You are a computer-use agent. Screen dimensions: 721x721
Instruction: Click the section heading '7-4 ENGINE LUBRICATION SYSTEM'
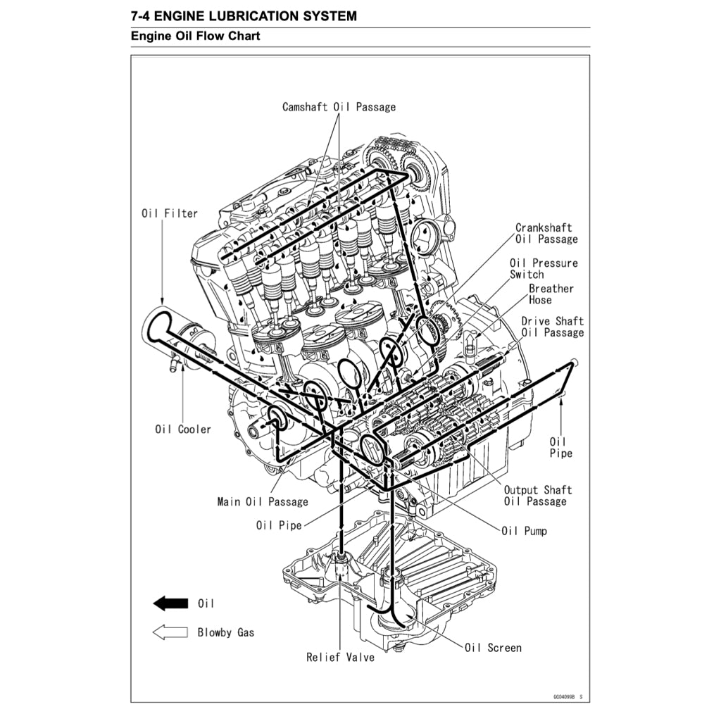pos(244,15)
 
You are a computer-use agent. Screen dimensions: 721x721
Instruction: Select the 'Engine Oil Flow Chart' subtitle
pos(195,36)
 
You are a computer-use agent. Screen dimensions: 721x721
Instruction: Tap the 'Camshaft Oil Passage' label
pos(339,107)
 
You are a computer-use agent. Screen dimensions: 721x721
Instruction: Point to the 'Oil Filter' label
pos(170,213)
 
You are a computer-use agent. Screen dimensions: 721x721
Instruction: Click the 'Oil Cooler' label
pos(183,429)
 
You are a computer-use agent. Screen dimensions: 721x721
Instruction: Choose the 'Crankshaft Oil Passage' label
pos(546,233)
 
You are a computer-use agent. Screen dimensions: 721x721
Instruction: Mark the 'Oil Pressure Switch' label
pos(544,268)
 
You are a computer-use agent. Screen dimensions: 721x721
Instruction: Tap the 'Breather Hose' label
pos(551,294)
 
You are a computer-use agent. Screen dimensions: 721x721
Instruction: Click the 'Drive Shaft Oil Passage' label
pos(552,327)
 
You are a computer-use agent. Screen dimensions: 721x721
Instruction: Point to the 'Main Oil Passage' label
pos(263,502)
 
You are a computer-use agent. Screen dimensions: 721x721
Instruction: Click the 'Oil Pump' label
pos(524,531)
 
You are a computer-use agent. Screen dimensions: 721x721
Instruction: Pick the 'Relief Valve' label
pos(340,657)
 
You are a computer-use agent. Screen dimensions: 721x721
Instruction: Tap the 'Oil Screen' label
pos(493,647)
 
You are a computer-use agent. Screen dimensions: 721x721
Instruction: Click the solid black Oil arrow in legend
pos(170,603)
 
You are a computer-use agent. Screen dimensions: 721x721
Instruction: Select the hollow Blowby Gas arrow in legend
pos(170,632)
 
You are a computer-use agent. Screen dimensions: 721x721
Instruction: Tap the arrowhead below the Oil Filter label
pos(163,301)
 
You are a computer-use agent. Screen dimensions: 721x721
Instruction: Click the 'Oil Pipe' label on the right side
pos(561,447)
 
